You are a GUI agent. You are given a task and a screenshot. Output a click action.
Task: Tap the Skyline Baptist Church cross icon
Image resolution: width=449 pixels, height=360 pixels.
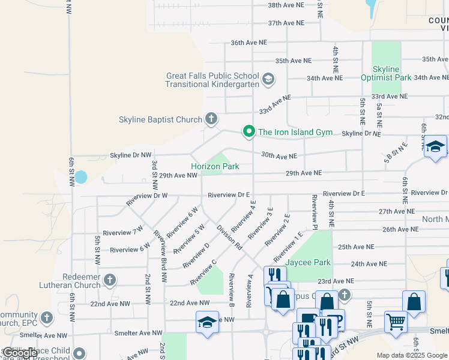coord(211,119)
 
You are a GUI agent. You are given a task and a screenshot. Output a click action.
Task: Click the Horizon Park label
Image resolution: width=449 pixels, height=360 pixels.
coord(215,166)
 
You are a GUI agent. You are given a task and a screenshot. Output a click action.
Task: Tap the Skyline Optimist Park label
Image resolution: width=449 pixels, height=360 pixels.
coord(386,73)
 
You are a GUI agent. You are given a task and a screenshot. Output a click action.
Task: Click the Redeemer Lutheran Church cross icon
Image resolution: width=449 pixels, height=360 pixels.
coord(109,280)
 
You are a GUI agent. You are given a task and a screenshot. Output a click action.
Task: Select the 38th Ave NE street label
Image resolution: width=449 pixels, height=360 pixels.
coord(286,5)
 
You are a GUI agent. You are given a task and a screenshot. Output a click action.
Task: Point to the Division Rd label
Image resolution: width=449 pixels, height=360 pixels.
coord(229,238)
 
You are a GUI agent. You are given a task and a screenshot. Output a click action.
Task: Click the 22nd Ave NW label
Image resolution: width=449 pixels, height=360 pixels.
coord(190,304)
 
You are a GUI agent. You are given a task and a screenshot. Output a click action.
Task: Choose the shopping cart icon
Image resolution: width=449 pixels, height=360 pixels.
coord(396,322)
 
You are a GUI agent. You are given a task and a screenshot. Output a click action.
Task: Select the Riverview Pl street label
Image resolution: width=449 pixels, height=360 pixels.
coord(314,211)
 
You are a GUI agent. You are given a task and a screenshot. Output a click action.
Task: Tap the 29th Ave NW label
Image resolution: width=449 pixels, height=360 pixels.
coord(178,175)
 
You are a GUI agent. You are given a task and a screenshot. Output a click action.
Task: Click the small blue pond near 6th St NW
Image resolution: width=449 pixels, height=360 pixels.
coord(80,177)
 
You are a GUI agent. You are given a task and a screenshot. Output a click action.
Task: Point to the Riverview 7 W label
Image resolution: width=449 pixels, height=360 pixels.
coord(123,232)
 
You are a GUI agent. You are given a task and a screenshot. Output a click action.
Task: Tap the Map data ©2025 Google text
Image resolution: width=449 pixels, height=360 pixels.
coord(411,355)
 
